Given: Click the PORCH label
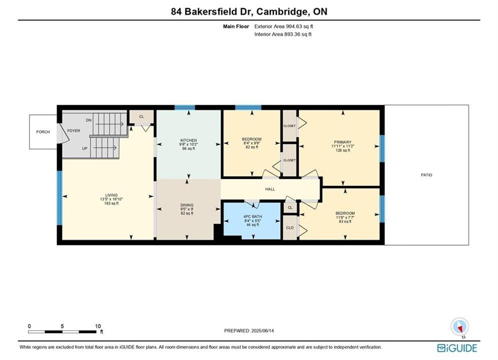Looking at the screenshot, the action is pos(43,132).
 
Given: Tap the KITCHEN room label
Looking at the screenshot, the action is pos(189,140).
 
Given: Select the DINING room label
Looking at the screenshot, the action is pos(187,205).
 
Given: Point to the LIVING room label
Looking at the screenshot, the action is pos(112,195).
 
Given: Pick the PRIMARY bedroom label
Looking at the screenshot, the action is pos(343,142).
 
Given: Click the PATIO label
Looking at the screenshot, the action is pos(426,175).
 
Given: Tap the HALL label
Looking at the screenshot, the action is pos(270,189).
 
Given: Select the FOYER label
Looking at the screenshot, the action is pos(74,130).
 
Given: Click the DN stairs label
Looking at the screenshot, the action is pos(89,120).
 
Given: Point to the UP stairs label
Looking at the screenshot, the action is pos(85,148).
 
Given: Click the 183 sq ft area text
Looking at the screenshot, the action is pos(112,203).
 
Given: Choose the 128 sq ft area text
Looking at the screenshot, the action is pos(343,150).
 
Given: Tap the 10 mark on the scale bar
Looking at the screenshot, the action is pos(98,326).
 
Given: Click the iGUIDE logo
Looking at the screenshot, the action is pos(457,348).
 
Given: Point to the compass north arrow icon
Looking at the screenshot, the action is pos(459,326).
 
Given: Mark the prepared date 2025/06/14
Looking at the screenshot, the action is pos(263,330).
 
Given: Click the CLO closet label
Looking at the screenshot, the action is pos(290,227).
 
